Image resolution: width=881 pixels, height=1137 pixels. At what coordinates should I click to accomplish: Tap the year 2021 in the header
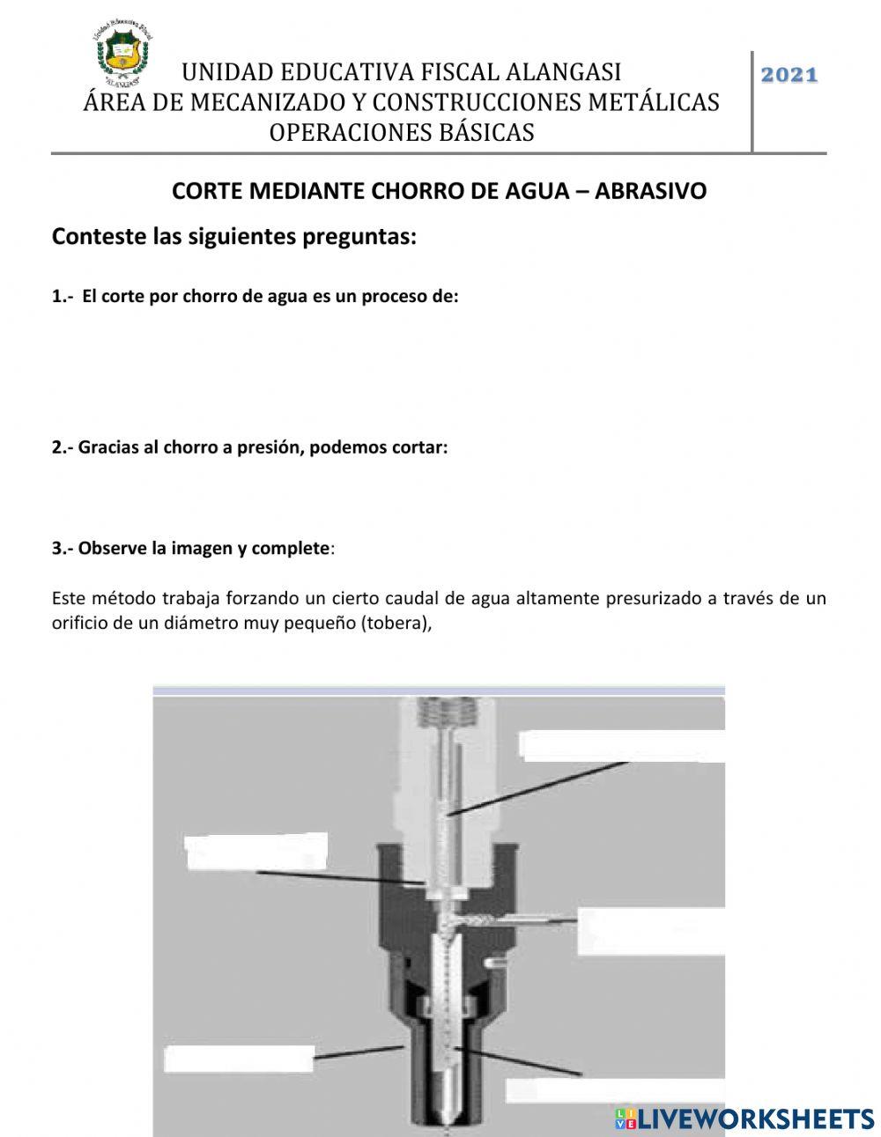[788, 76]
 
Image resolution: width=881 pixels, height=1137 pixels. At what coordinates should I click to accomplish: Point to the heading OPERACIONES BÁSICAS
[401, 132]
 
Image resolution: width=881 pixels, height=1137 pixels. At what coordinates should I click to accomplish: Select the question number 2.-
[63, 447]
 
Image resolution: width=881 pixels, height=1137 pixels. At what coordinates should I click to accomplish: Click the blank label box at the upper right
[621, 745]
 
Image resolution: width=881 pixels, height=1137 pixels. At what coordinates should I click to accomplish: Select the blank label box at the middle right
[650, 932]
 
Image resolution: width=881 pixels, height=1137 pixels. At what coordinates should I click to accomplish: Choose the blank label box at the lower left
[240, 1059]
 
